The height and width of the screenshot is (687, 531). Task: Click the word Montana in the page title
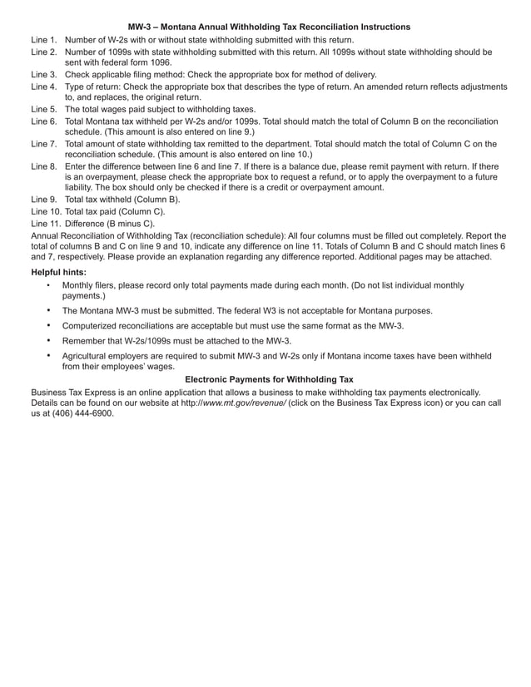[x=191, y=27]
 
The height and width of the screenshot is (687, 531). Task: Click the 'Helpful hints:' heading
[x=58, y=272]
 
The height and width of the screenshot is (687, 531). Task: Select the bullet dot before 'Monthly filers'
[x=49, y=285]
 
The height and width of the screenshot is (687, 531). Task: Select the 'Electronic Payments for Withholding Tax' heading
[x=269, y=378]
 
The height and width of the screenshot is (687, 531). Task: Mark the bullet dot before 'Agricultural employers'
[x=49, y=356]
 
